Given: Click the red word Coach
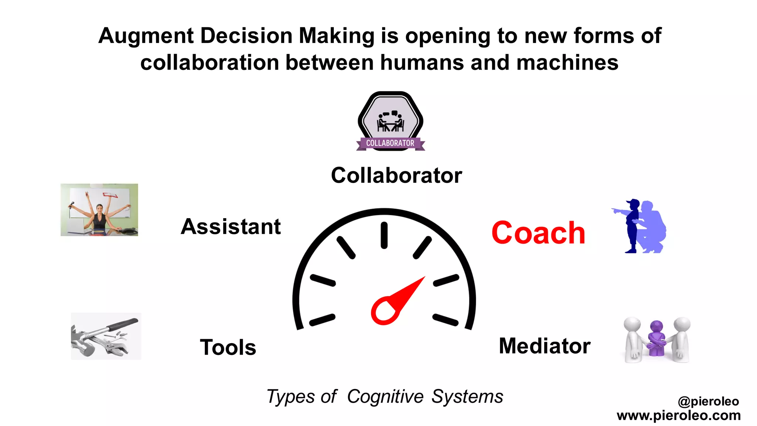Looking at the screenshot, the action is click(x=538, y=233).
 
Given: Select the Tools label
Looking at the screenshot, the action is click(x=228, y=347).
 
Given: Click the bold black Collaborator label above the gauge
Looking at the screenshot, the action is click(x=396, y=175).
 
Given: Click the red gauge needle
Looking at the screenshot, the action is click(x=397, y=301).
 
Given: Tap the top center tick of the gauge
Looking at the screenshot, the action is click(x=384, y=235).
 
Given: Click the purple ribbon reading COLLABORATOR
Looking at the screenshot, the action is click(x=390, y=143).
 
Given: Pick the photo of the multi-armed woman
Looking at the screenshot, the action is click(x=99, y=210).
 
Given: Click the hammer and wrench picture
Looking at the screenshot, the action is click(x=106, y=336).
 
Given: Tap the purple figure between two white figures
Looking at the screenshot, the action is click(x=656, y=338).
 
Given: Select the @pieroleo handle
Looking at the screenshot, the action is click(x=708, y=401).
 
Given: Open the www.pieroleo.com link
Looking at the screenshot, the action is click(x=679, y=415).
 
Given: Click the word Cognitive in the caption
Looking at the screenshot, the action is click(x=385, y=397).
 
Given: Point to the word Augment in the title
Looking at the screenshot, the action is click(x=146, y=36).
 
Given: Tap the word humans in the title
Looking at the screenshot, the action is click(x=422, y=62).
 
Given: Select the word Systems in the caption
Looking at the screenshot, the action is click(x=467, y=397).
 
